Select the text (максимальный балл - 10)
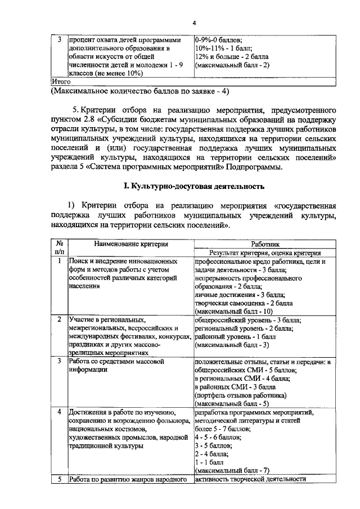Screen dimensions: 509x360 (x=233, y=311)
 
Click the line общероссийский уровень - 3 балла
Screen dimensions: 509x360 (x=247, y=319)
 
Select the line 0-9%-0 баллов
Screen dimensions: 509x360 (x=218, y=40)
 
